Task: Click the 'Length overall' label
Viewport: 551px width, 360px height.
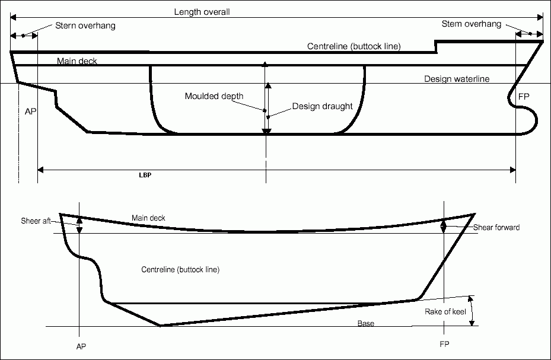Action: coord(202,12)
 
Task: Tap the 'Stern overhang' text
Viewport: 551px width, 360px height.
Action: coord(85,26)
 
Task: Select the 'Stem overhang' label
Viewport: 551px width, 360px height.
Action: coord(472,24)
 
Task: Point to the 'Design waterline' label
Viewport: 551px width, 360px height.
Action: coord(457,79)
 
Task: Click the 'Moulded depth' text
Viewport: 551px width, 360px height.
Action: coord(214,96)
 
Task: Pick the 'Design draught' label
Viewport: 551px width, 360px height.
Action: coord(322,107)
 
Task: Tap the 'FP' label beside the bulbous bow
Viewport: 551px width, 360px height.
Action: coord(524,96)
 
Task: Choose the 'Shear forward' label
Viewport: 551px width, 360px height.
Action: coord(496,227)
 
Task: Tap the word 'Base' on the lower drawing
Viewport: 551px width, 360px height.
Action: coord(366,323)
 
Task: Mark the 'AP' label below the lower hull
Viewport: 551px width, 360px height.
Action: coord(82,345)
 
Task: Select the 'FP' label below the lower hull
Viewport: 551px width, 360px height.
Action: coord(444,344)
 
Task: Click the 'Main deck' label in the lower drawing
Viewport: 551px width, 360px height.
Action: coord(148,218)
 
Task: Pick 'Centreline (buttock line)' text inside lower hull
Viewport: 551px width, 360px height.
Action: coord(180,270)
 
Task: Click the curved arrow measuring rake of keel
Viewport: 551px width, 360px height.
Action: coord(472,310)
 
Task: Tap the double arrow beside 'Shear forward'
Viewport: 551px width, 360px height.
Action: coord(444,227)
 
